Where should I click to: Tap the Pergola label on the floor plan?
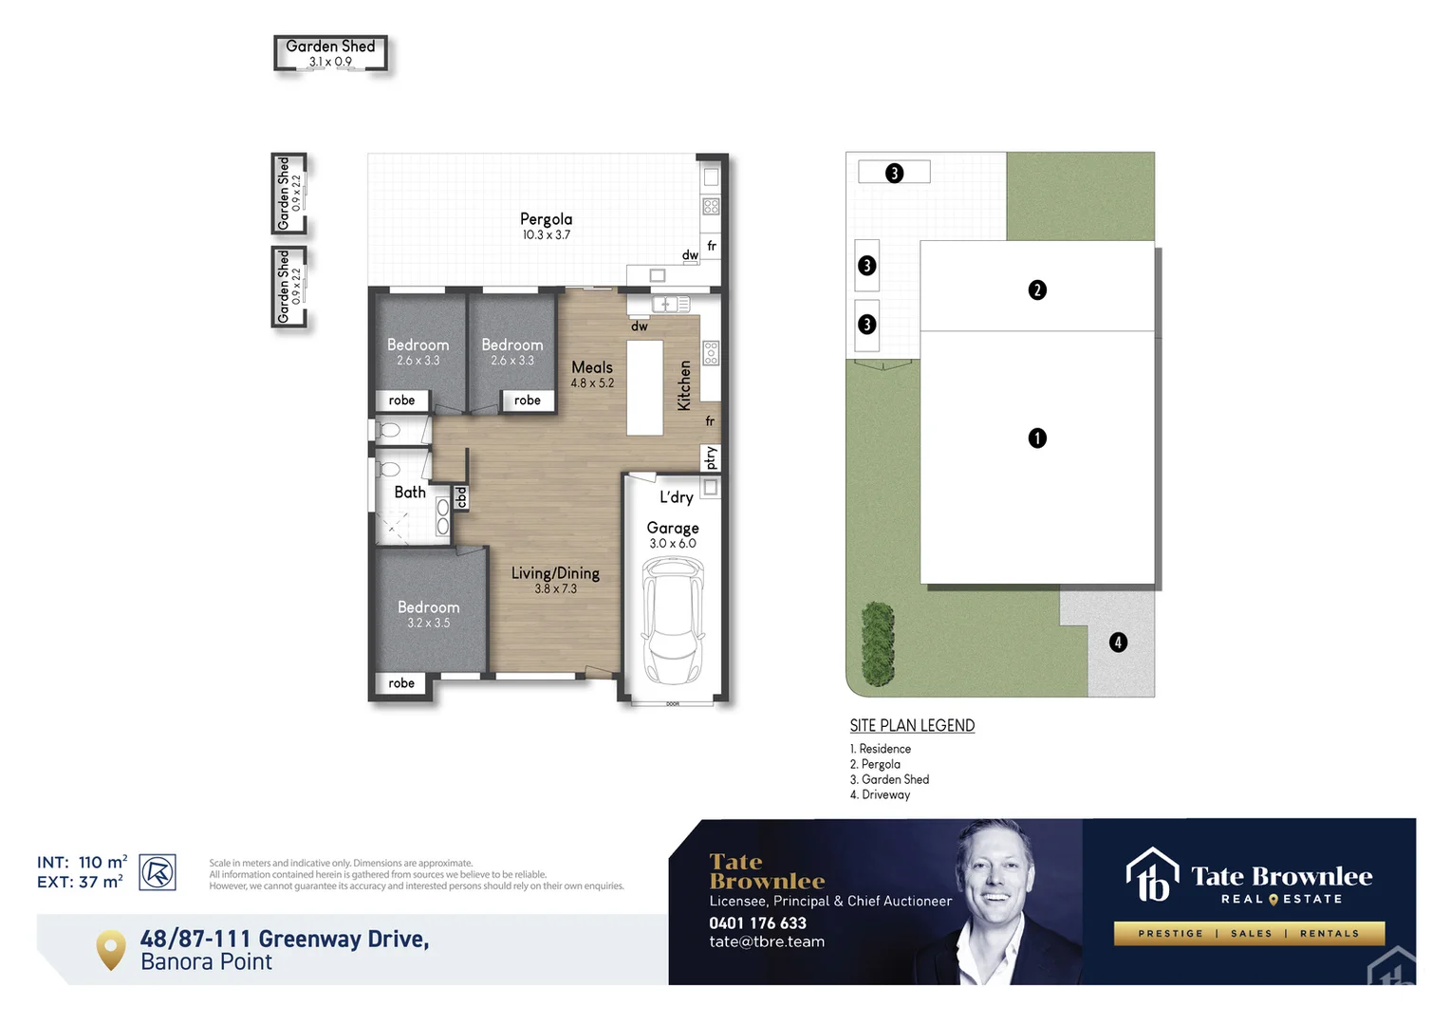point(546,219)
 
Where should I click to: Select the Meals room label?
point(592,367)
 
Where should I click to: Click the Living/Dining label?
point(555,573)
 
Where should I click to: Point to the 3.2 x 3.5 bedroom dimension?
point(428,624)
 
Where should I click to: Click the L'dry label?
point(677,497)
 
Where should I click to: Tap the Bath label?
point(410,493)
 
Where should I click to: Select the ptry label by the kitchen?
point(711,458)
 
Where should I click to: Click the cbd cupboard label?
point(461,497)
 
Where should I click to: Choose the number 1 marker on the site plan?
point(1037,438)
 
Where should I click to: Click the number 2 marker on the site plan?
point(1037,289)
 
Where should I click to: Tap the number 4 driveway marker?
point(1118,643)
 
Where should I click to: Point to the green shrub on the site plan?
point(878,644)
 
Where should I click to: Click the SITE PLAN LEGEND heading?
point(912,726)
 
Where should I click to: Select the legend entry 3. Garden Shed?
point(890,779)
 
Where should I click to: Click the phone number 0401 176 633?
point(757,922)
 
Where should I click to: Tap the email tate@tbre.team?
point(767,941)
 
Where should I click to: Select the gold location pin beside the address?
point(111,949)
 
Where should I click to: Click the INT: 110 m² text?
point(82,862)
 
